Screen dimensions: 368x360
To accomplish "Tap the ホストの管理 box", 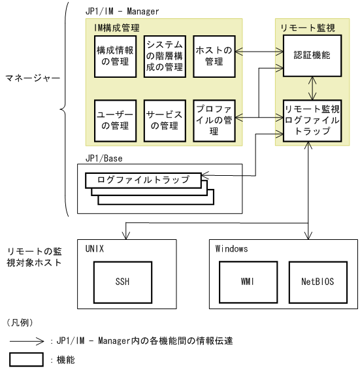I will [214, 58].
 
